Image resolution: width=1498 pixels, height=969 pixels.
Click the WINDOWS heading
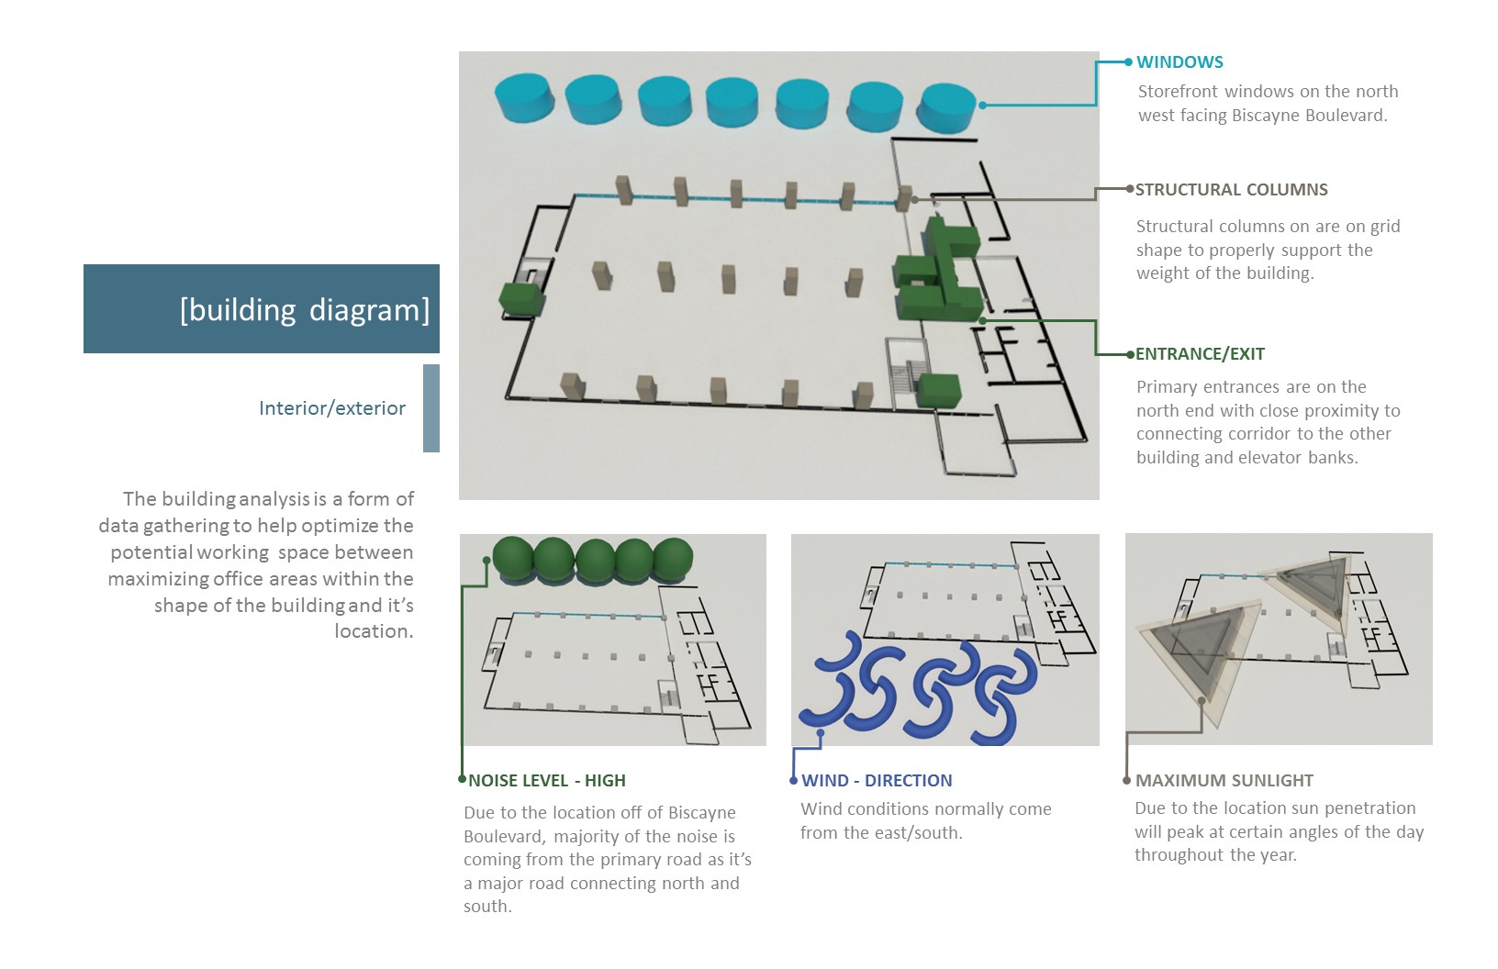[1179, 62]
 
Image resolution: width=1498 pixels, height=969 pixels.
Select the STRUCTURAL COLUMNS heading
[1231, 190]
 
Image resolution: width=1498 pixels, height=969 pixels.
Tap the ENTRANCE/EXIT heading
[1200, 354]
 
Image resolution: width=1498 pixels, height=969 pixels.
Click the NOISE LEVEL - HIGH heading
[547, 781]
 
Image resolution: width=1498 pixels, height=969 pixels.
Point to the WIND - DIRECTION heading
[877, 781]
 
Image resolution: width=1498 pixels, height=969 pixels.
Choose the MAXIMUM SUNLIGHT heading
[1224, 781]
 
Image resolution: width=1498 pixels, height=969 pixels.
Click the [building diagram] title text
[305, 310]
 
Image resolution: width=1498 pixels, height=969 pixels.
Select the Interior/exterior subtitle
[332, 408]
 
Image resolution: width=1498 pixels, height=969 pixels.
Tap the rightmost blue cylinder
[946, 107]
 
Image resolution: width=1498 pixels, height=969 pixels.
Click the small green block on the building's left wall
[521, 300]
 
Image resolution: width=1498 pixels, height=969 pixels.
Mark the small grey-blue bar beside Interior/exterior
[430, 408]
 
